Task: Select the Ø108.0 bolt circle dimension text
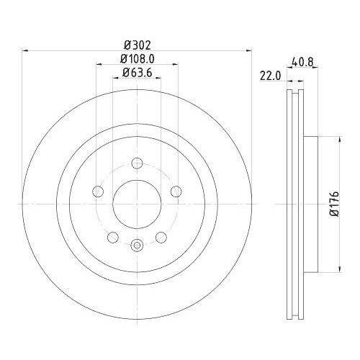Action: [137, 58]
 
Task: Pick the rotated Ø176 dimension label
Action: [333, 204]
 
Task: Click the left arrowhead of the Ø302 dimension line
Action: [27, 50]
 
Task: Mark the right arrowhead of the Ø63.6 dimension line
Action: [158, 78]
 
